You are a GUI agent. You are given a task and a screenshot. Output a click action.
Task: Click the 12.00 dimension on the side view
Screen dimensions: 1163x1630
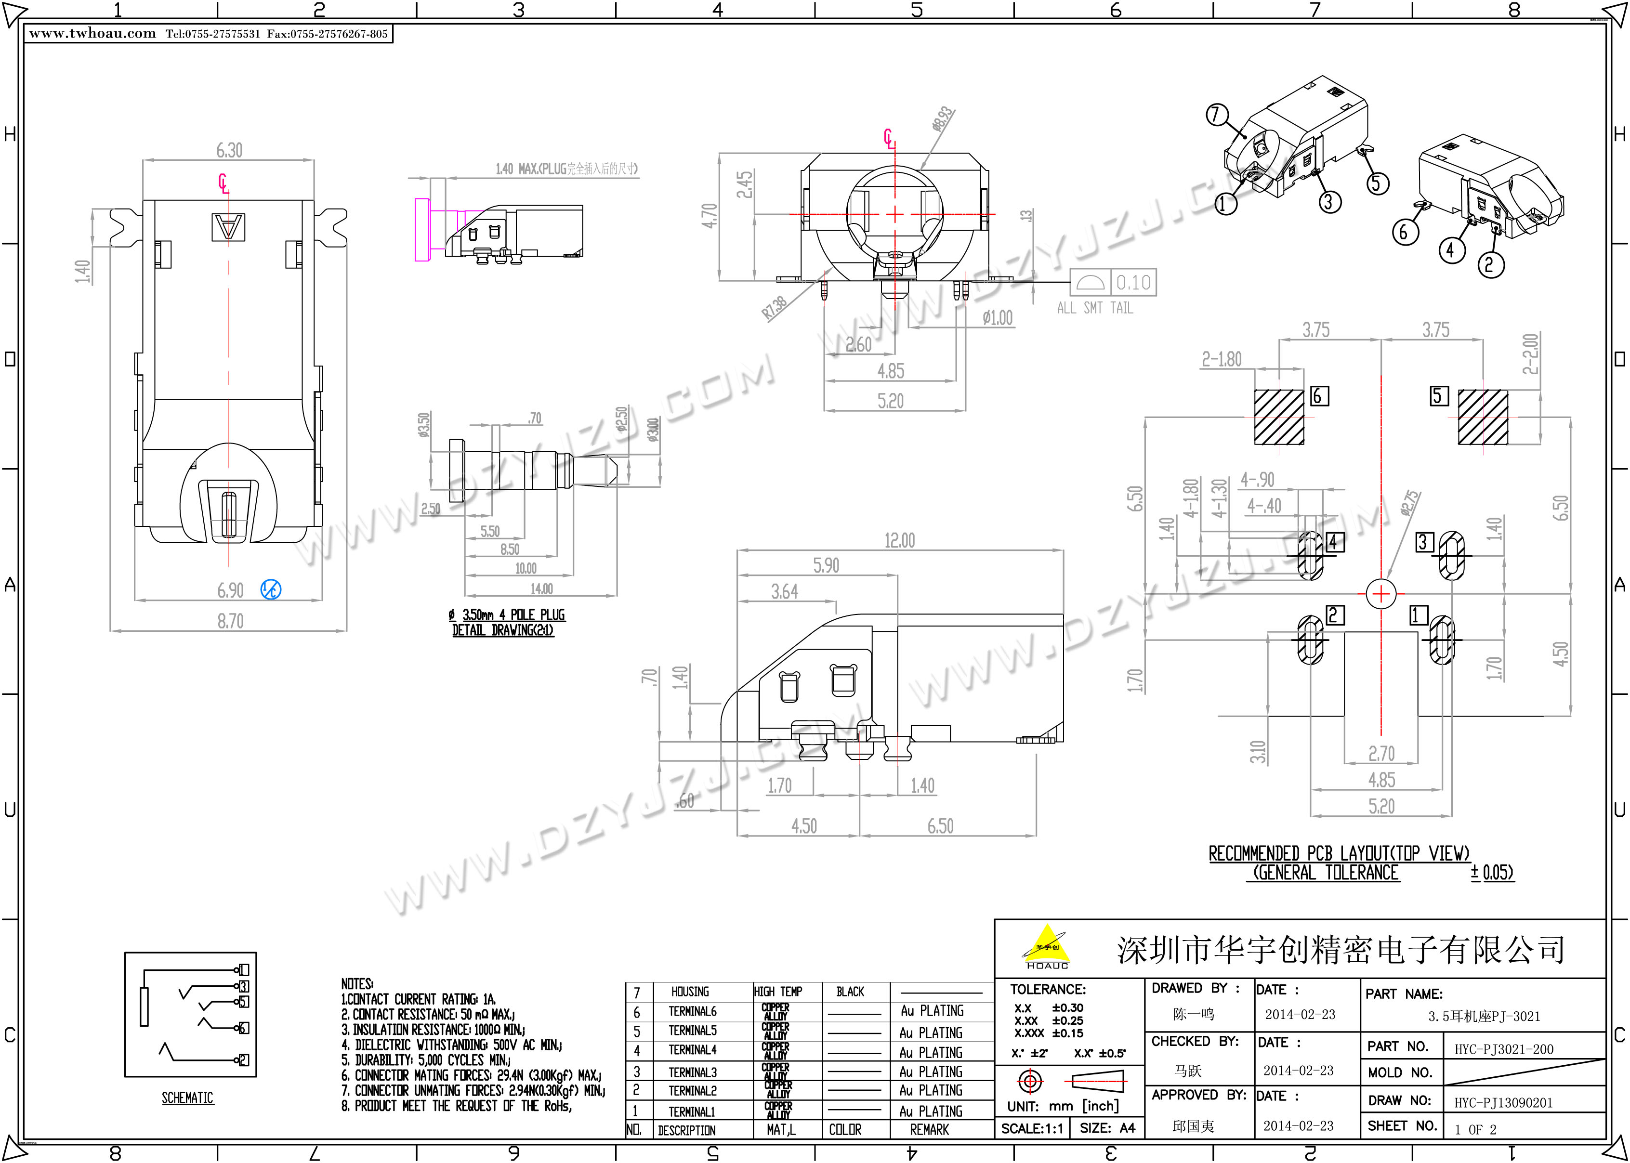899,541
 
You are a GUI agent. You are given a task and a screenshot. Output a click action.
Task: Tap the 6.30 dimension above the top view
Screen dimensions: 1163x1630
229,150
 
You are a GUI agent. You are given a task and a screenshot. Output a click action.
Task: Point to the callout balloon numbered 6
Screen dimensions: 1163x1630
1405,232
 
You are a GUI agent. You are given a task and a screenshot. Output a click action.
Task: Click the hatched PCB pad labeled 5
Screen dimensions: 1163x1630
1483,418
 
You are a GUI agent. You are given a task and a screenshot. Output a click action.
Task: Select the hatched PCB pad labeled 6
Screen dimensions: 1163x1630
1279,418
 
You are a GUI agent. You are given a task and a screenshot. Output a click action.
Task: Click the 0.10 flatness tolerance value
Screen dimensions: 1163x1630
1133,283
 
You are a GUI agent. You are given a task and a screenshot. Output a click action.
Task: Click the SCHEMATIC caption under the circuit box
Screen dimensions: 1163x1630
188,1098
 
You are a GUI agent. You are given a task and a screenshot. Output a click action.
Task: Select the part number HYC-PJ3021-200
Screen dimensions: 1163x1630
1504,1050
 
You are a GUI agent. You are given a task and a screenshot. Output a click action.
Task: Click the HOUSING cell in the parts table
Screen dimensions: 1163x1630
690,992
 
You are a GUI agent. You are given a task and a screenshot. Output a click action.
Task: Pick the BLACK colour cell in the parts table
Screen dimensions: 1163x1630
850,992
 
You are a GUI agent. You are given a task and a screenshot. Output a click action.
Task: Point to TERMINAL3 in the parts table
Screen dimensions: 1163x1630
692,1072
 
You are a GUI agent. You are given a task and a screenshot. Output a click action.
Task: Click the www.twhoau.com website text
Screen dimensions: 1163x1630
92,34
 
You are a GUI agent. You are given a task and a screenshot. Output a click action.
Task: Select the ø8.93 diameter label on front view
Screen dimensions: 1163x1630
943,119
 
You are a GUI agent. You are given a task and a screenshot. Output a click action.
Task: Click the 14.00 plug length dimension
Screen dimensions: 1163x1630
541,588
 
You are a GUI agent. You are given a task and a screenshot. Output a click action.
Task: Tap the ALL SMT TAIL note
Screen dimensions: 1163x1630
1095,308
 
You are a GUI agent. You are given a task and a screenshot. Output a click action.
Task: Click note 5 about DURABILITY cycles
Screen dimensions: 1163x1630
426,1060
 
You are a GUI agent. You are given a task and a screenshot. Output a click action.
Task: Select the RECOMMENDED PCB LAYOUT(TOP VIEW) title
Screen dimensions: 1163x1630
1339,854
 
